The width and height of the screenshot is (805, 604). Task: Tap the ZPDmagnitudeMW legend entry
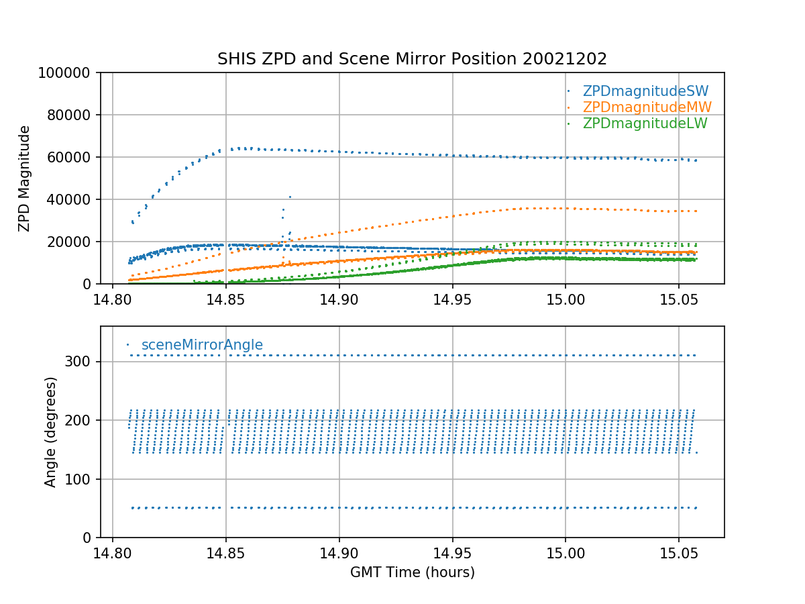(x=647, y=107)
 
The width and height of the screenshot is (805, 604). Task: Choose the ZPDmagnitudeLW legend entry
(x=645, y=123)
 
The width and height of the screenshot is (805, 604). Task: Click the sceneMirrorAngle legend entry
(x=202, y=346)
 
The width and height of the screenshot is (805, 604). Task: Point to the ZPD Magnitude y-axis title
(x=25, y=179)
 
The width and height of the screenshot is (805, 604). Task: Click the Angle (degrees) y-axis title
(x=51, y=432)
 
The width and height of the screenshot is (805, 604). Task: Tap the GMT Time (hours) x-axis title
(x=412, y=572)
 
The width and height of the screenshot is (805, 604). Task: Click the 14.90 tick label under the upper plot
(x=339, y=299)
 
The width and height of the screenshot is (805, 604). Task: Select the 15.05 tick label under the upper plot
(x=678, y=299)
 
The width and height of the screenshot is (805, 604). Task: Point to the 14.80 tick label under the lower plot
(x=112, y=552)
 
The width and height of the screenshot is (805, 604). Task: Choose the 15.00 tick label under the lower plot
(x=565, y=552)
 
